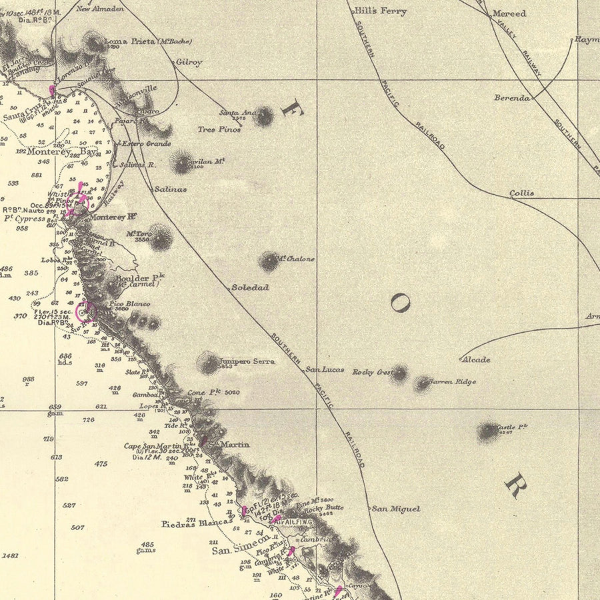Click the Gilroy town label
point(189,62)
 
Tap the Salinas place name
point(171,189)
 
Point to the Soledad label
point(250,287)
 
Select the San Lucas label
point(323,369)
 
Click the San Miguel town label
point(396,509)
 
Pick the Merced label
point(509,13)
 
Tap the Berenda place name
point(512,98)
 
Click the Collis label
point(522,193)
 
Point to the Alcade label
point(476,360)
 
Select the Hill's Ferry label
point(381,11)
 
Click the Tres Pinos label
point(220,129)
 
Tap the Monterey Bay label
point(62,151)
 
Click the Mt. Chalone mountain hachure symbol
point(269,262)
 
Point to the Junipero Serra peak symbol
point(209,363)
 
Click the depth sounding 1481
point(11,555)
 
